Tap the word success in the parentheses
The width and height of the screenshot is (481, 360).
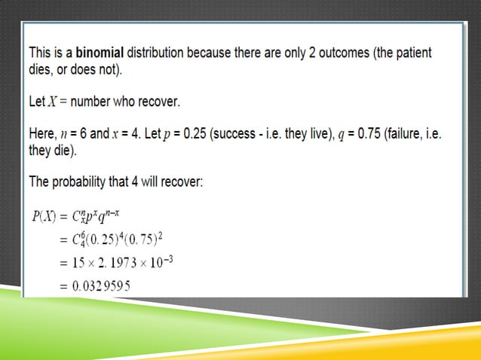237,133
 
